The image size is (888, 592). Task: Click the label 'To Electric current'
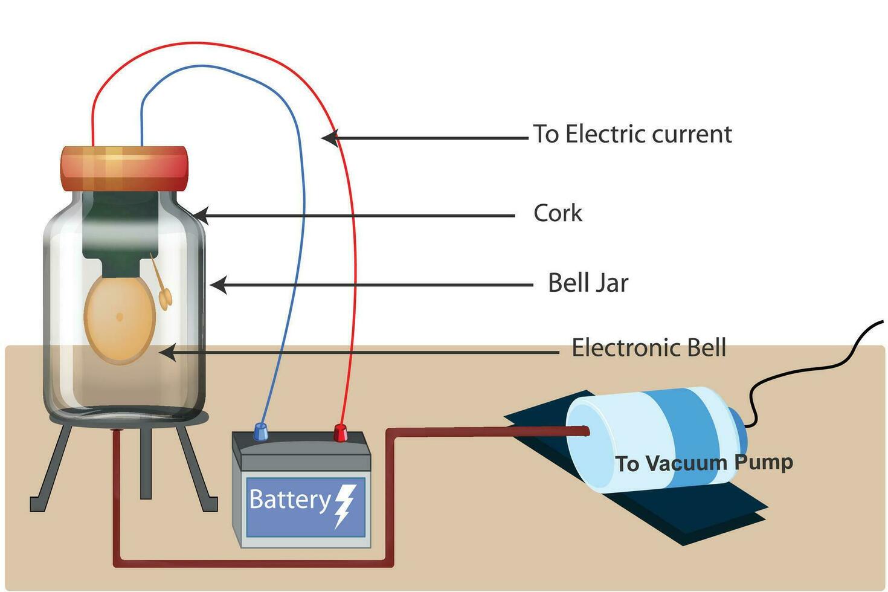pos(632,134)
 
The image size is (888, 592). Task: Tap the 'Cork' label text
pos(558,213)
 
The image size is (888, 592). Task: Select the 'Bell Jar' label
pos(588,283)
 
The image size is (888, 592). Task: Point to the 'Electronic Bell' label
pos(649,348)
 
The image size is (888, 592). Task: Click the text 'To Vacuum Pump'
pos(704,463)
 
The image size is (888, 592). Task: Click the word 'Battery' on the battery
pos(289,500)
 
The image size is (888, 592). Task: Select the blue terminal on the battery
pos(260,431)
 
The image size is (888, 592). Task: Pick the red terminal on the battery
pos(341,433)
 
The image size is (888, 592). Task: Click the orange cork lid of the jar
pos(124,168)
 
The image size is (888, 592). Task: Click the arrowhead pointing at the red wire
pos(329,138)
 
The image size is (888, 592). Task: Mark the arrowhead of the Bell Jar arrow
pos(217,285)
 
